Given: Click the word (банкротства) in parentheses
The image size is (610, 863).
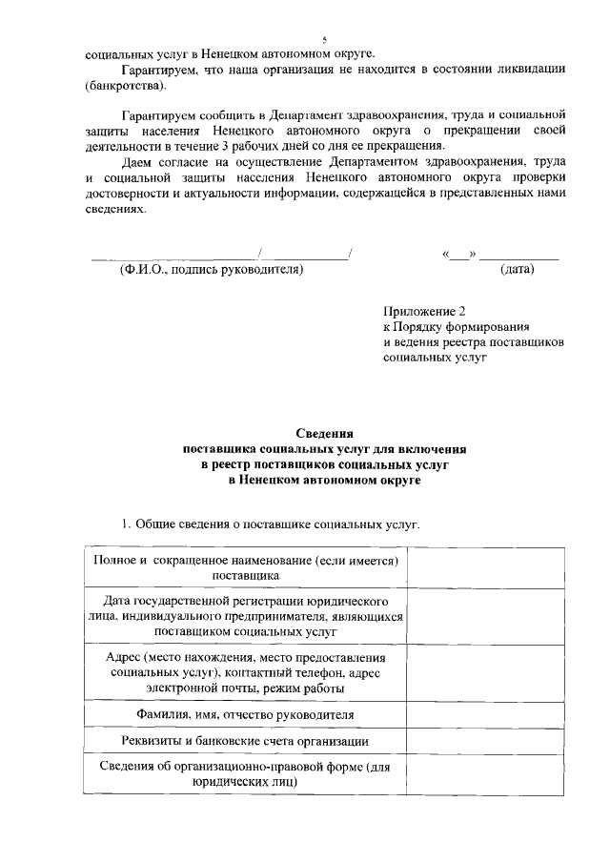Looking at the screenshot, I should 124,87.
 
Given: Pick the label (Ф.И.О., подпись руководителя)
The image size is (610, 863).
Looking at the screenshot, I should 211,270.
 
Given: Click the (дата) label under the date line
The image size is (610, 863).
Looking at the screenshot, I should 517,270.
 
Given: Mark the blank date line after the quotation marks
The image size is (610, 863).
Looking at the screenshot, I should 518,257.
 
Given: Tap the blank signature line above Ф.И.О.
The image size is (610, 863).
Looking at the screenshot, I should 173,257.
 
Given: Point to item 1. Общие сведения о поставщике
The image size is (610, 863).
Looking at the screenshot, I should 269,524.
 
